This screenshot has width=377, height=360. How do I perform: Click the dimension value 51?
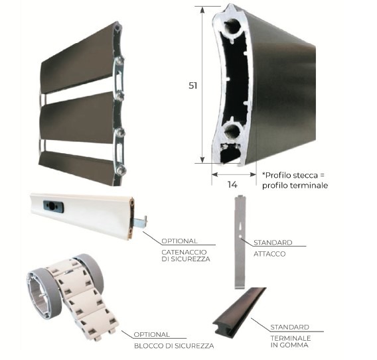click(193, 86)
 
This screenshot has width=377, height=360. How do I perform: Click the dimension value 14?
click(232, 184)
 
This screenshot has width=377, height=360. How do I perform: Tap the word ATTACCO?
click(269, 254)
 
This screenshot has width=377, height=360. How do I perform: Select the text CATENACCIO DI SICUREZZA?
click(186, 255)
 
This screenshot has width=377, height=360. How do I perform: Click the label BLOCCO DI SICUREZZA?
click(174, 346)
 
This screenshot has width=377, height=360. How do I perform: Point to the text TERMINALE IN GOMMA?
click(291, 341)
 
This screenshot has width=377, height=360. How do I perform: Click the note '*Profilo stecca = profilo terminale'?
click(295, 180)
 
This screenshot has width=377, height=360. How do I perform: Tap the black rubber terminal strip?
click(238, 312)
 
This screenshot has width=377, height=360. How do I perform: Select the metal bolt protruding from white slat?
click(140, 222)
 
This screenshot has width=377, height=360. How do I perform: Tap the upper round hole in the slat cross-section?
click(233, 27)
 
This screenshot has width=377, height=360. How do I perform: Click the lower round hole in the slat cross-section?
click(233, 131)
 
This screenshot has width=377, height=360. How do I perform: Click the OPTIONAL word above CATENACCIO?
click(179, 241)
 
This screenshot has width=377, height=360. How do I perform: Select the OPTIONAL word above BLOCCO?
click(152, 335)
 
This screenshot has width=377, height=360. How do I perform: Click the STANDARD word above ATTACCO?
click(273, 243)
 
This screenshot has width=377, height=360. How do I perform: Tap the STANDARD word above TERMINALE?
click(290, 327)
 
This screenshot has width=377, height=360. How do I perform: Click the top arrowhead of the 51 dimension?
click(202, 9)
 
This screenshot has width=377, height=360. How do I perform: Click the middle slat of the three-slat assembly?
click(77, 118)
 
